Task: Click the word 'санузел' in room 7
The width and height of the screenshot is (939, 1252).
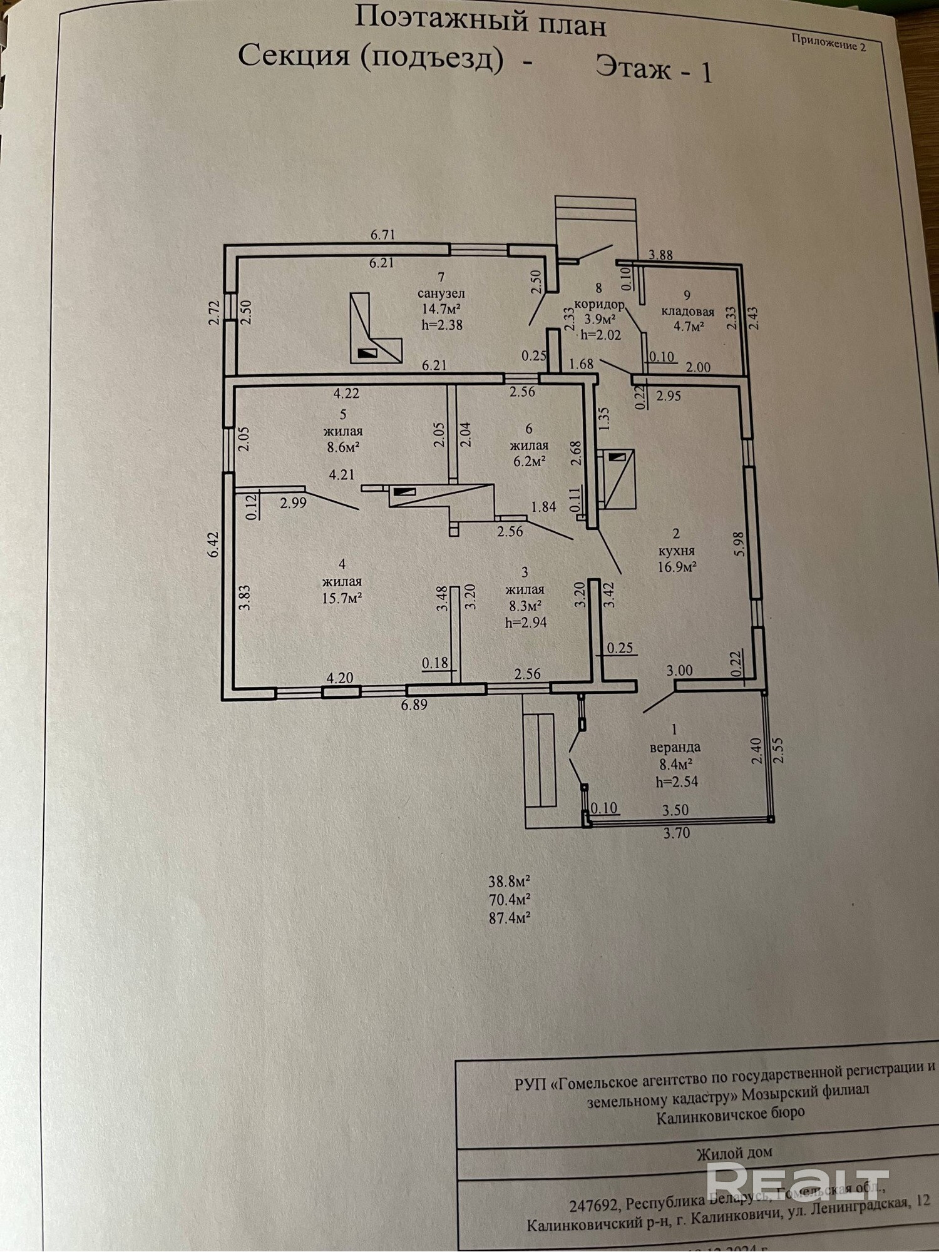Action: click(441, 293)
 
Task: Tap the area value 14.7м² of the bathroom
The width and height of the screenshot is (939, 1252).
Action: click(441, 309)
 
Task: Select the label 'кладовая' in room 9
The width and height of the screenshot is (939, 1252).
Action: click(687, 311)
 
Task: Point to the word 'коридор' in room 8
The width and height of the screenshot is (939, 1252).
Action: click(600, 303)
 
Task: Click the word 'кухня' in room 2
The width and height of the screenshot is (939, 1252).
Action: click(677, 551)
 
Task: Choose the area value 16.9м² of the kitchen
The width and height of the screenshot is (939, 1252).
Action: click(677, 567)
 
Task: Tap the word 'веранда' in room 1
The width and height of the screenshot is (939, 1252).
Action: click(675, 747)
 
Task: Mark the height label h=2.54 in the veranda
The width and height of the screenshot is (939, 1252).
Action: click(677, 781)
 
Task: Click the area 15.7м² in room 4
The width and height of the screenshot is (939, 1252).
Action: click(342, 598)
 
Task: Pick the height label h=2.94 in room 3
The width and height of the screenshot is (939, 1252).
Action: click(525, 622)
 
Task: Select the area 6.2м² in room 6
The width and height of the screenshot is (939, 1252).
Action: click(530, 462)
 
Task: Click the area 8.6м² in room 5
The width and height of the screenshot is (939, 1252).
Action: click(342, 447)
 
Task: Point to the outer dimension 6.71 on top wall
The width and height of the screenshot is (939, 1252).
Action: click(382, 235)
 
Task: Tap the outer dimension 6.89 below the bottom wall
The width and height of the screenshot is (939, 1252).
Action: click(414, 705)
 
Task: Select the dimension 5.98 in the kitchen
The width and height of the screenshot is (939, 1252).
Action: click(739, 545)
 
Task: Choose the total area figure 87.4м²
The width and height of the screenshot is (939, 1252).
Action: click(510, 918)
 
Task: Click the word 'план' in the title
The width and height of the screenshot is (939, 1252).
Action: click(563, 26)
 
